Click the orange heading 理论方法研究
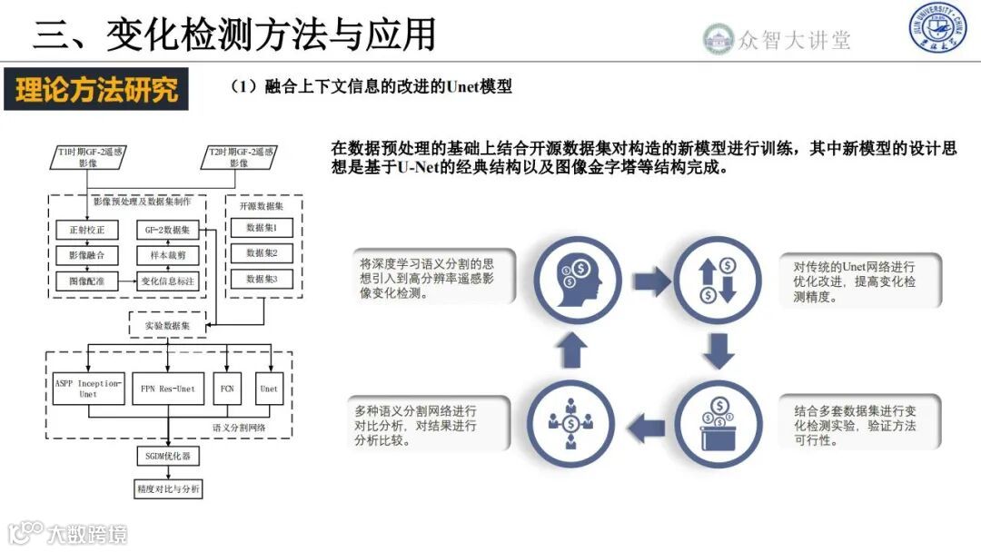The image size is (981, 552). coord(96,89)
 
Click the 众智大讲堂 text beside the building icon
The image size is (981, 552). coord(794,39)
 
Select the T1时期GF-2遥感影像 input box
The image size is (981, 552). coord(89,156)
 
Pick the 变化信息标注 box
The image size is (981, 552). coord(168,281)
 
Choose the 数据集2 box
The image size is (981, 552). coord(263,253)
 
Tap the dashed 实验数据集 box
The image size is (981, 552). coord(168,324)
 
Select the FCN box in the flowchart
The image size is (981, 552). coord(227,389)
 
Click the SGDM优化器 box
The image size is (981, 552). coord(168,456)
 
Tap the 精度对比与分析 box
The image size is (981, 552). coord(168,489)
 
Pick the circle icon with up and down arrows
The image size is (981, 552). coord(718,279)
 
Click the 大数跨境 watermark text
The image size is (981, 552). coord(88,533)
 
